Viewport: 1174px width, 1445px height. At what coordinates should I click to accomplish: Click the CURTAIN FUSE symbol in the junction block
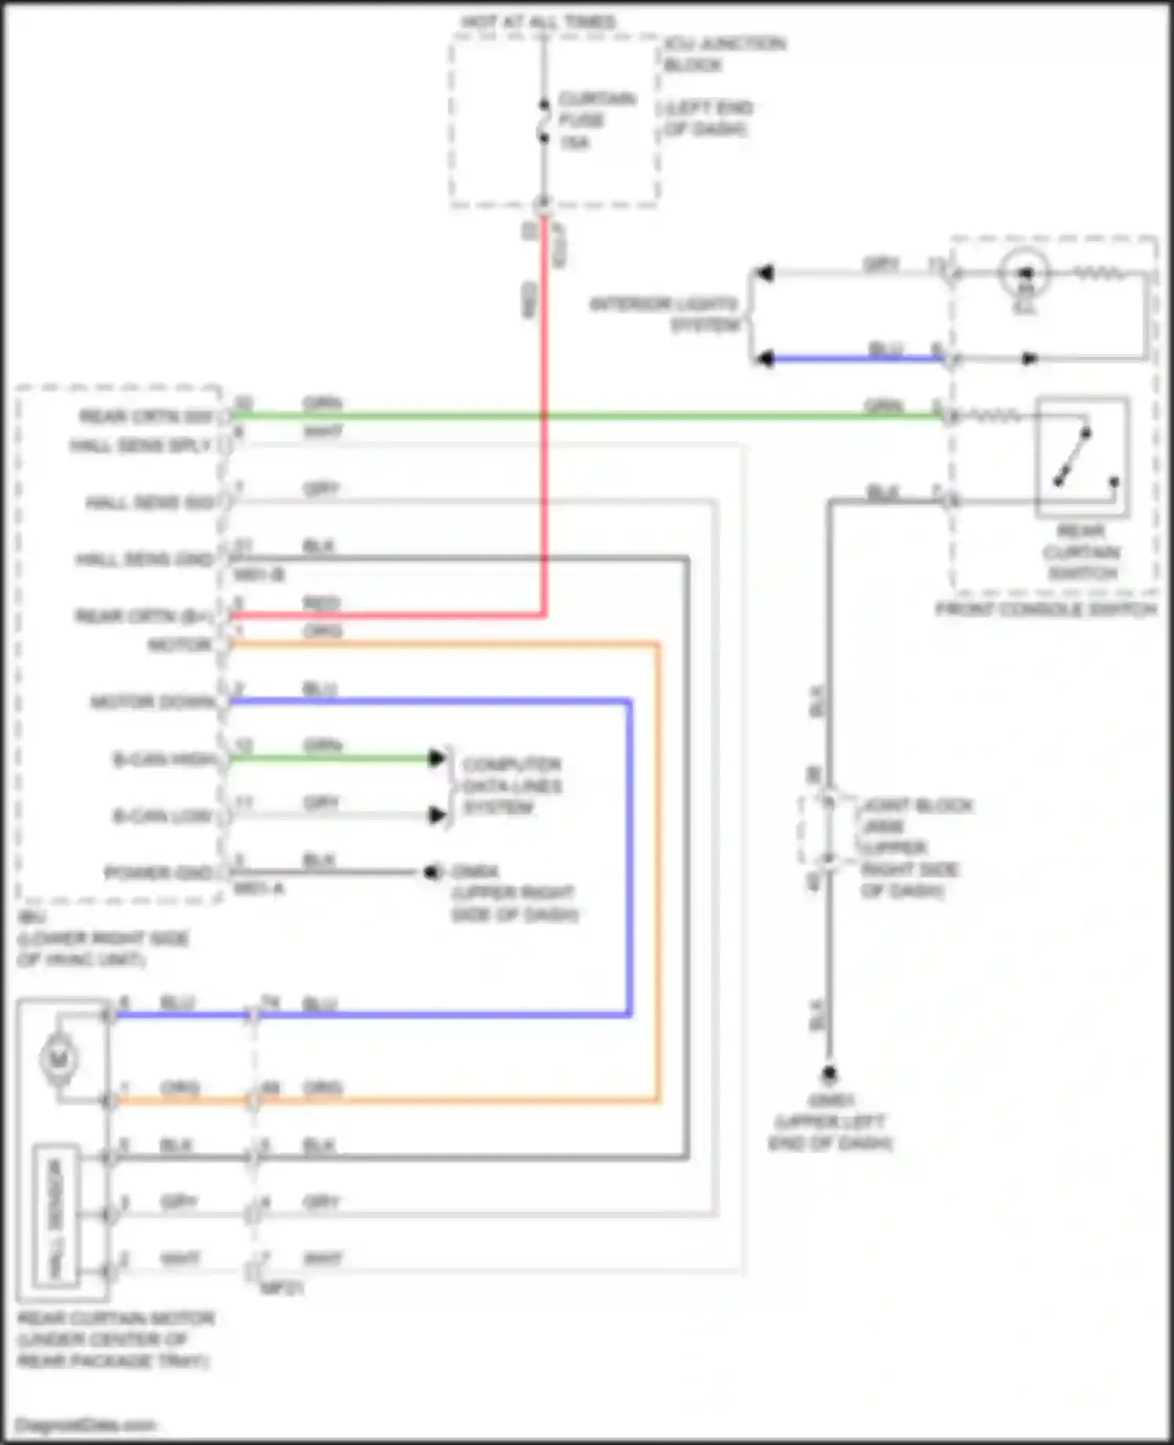tap(543, 121)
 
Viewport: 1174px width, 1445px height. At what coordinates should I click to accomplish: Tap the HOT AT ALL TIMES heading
tap(538, 22)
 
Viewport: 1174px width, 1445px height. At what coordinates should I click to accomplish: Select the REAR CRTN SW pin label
tap(146, 416)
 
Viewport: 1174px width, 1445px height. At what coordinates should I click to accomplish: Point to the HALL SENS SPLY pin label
tap(141, 445)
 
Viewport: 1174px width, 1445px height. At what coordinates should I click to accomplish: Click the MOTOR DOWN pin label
tap(153, 702)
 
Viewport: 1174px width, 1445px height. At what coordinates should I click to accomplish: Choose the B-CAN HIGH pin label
tap(164, 759)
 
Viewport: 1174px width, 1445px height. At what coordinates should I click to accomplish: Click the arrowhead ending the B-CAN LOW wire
tap(437, 816)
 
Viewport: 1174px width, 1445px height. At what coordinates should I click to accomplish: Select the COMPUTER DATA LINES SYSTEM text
tap(512, 785)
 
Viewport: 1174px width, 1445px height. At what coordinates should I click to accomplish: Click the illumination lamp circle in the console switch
tap(1025, 272)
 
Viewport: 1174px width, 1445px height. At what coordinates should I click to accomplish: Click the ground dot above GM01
tap(829, 1073)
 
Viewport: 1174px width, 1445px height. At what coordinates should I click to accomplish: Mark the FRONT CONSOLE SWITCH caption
tap(1046, 609)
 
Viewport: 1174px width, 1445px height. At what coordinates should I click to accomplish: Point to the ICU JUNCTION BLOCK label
tap(724, 53)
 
